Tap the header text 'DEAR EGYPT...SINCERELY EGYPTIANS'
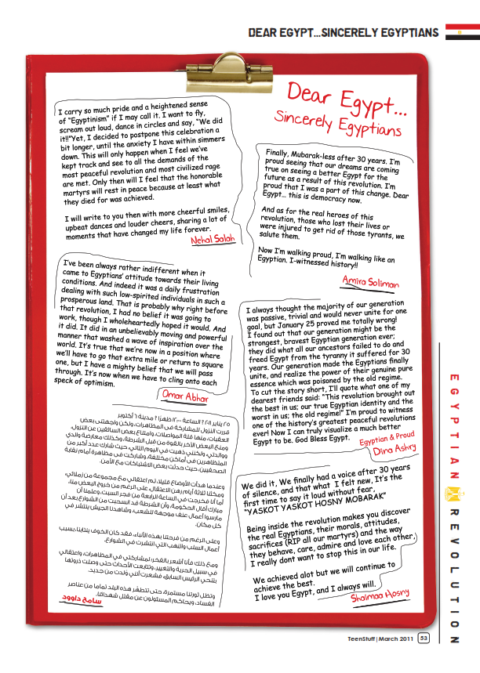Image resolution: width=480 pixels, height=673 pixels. pyautogui.click(x=343, y=33)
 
